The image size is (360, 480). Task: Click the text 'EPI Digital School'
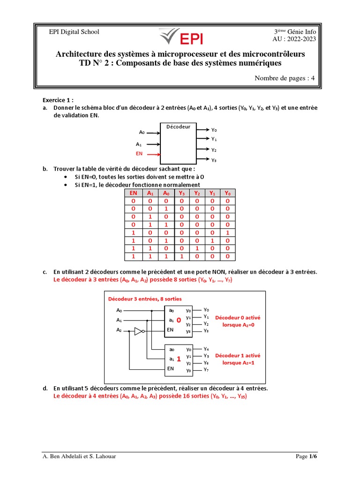pyautogui.click(x=75, y=32)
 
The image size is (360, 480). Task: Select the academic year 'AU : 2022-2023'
pyautogui.click(x=295, y=39)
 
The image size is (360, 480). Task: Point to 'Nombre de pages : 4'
pyautogui.click(x=285, y=78)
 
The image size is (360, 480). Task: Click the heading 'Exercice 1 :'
pyautogui.click(x=58, y=100)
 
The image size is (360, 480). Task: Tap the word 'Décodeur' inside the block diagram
pyautogui.click(x=179, y=127)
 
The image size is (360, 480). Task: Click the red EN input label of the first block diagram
pyautogui.click(x=139, y=154)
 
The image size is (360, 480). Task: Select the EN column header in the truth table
pyautogui.click(x=134, y=193)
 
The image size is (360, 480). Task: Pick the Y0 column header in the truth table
pyautogui.click(x=228, y=193)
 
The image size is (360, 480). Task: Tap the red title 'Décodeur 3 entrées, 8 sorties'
pyautogui.click(x=145, y=299)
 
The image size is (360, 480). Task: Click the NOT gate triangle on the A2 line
pyautogui.click(x=138, y=331)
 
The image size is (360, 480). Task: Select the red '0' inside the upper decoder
pyautogui.click(x=179, y=320)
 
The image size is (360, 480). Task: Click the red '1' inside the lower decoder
pyautogui.click(x=179, y=359)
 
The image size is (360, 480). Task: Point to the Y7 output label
pyautogui.click(x=206, y=370)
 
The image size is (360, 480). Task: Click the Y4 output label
pyautogui.click(x=206, y=349)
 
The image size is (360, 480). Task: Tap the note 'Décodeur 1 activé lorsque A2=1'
pyautogui.click(x=238, y=360)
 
